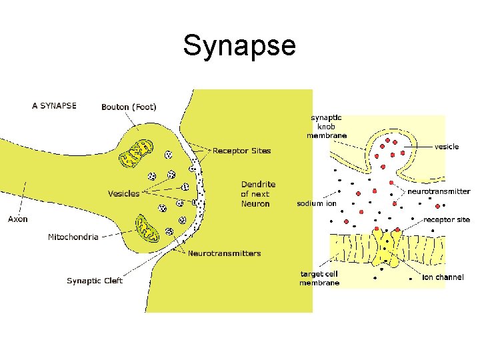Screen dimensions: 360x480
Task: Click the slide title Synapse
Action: (x=239, y=46)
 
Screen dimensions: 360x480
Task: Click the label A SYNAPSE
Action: (x=55, y=105)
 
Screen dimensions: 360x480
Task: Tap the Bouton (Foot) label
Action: (x=129, y=107)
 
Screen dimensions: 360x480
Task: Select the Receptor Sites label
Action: (x=241, y=151)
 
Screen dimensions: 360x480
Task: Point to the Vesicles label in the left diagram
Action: (x=124, y=193)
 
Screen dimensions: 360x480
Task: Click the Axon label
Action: (x=18, y=219)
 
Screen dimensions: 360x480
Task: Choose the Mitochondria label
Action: (x=73, y=237)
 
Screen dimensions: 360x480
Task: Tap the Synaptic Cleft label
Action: (x=95, y=281)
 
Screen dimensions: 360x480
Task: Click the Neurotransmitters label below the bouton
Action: (x=225, y=253)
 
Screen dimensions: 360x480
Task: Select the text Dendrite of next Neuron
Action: (x=258, y=194)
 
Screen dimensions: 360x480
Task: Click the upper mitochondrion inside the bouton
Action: (x=135, y=155)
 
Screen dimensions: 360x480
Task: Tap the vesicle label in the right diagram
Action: (x=447, y=147)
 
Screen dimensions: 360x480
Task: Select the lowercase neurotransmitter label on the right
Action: (x=439, y=191)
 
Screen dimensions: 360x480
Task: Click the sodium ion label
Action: (x=317, y=203)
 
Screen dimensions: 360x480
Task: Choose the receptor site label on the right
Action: (x=447, y=219)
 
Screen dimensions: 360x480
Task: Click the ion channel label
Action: (x=443, y=277)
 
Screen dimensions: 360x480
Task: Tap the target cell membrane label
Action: (x=319, y=278)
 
